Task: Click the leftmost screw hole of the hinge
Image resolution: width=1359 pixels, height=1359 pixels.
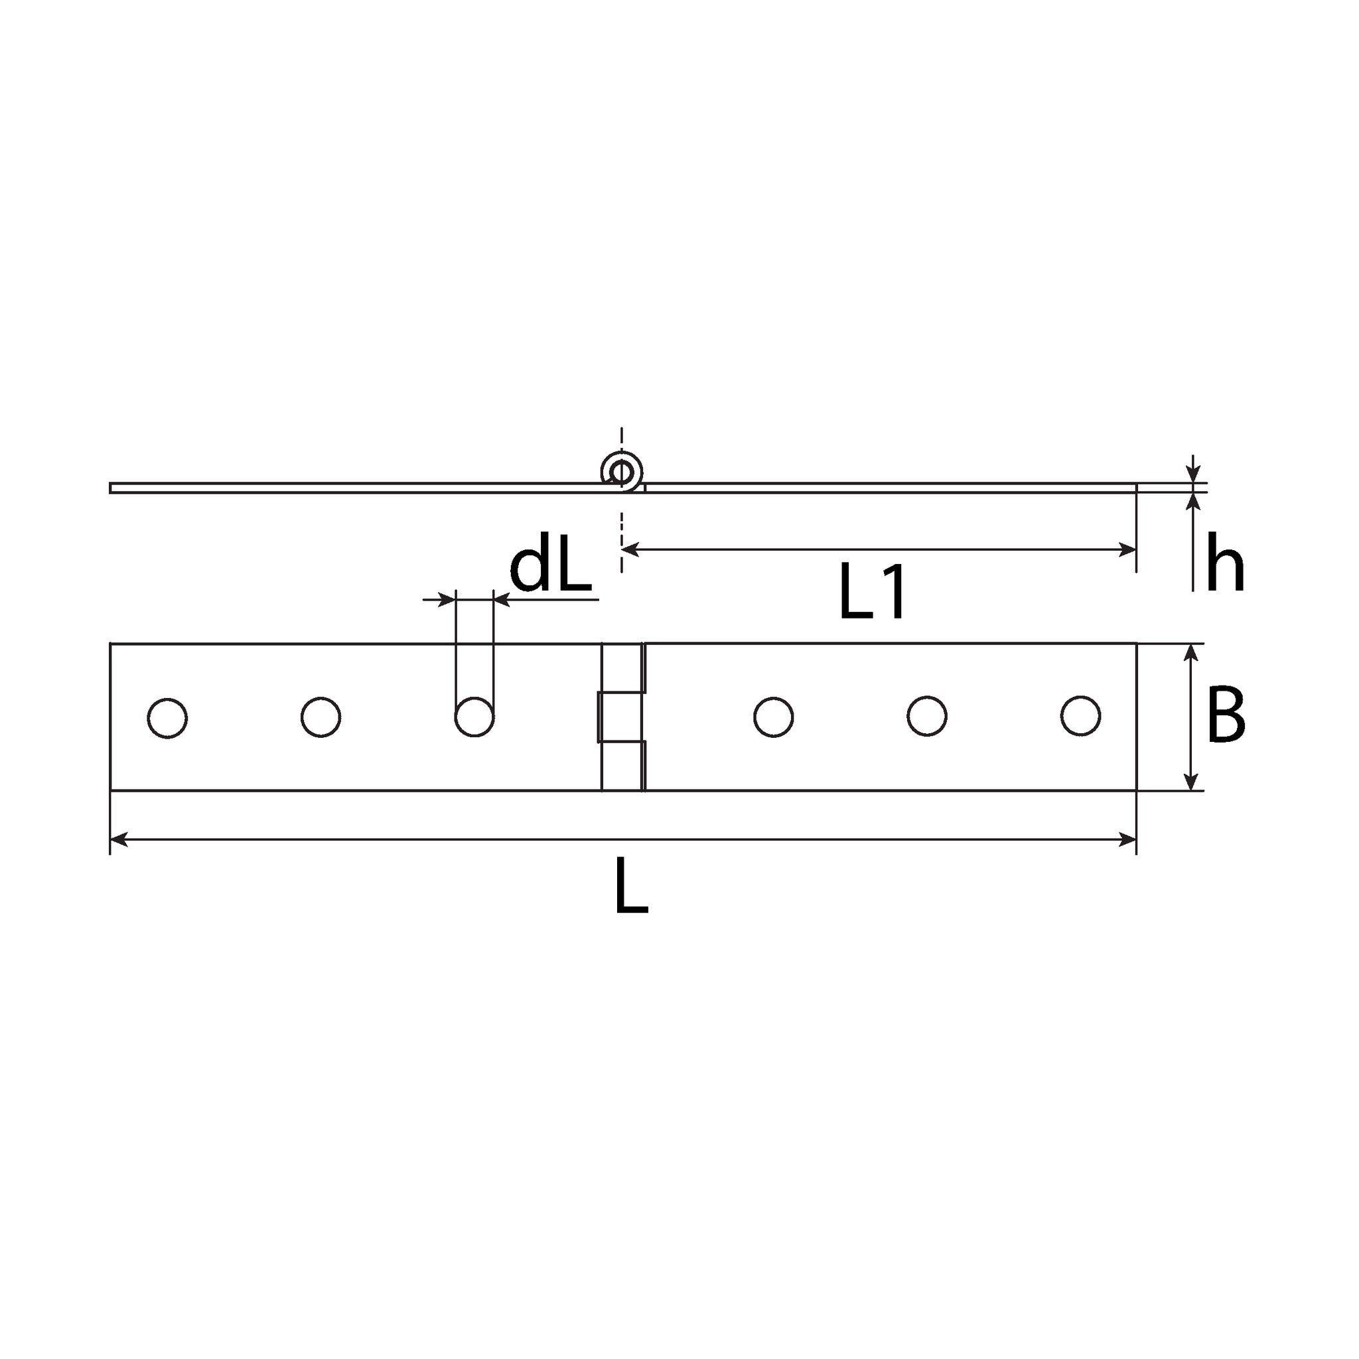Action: (167, 718)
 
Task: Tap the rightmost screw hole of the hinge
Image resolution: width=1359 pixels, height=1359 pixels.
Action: (1080, 716)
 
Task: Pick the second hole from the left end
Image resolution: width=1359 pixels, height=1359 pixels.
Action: (321, 717)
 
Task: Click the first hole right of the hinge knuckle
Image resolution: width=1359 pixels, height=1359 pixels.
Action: (774, 717)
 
